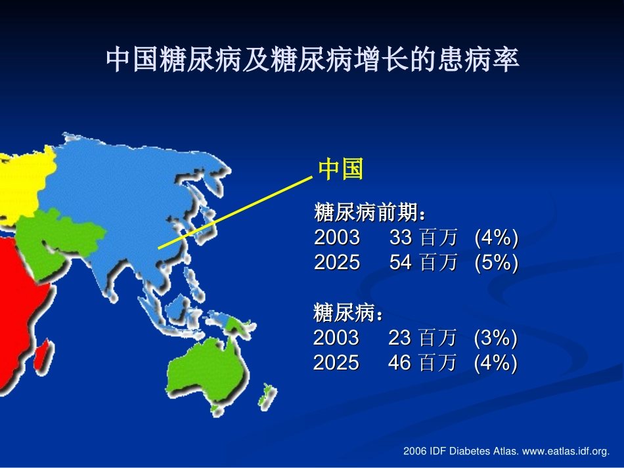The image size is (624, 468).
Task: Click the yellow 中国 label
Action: tap(340, 169)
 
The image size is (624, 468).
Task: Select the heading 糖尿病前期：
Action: tap(372, 213)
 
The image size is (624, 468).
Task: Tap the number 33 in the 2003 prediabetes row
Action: tap(400, 238)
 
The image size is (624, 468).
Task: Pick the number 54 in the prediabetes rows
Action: tap(400, 263)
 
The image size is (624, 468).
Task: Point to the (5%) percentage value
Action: tap(496, 263)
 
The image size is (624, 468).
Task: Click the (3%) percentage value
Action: tap(495, 338)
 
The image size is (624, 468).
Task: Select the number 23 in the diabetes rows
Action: tap(399, 338)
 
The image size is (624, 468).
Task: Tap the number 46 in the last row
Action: tap(399, 362)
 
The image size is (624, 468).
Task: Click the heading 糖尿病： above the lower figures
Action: tap(348, 313)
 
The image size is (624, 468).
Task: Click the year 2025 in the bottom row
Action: tap(336, 362)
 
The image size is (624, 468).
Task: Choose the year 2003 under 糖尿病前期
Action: tap(337, 238)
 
